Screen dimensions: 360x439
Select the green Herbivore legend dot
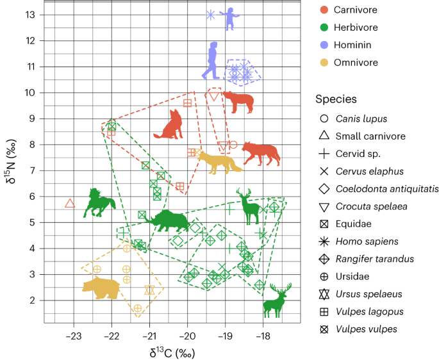(324, 28)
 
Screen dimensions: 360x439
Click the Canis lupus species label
(361, 119)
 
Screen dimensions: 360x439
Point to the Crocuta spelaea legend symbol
(324, 206)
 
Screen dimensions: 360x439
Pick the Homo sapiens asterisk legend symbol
(324, 241)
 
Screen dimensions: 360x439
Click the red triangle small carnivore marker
(70, 204)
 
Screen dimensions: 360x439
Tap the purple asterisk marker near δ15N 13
(210, 15)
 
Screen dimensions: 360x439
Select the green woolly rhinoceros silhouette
(165, 220)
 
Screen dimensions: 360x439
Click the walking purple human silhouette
(212, 61)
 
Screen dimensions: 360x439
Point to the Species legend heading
(336, 99)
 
